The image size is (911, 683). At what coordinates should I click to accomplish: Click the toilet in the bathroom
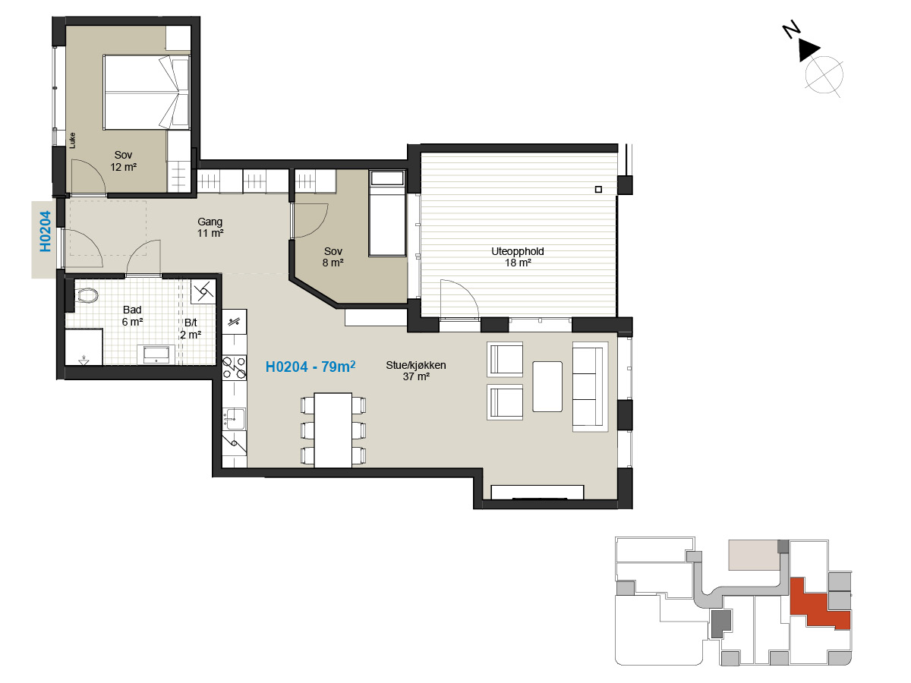click(87, 295)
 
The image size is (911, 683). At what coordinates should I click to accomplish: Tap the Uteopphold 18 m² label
click(518, 257)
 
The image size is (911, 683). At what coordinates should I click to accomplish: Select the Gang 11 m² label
click(210, 227)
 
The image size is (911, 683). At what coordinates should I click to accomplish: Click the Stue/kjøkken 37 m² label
click(416, 371)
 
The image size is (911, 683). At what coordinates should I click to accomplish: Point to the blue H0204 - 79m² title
click(310, 367)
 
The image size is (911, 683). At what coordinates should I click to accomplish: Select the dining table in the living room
click(333, 430)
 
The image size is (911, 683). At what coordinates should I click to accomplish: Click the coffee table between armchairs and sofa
click(547, 386)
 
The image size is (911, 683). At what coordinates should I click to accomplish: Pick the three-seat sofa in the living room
click(590, 386)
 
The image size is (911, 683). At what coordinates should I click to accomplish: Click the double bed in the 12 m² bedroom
click(147, 92)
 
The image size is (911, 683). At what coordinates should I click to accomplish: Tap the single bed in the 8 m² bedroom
click(387, 213)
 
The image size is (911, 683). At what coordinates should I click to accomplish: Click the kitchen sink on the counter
click(234, 418)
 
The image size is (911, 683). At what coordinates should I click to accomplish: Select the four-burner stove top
click(234, 368)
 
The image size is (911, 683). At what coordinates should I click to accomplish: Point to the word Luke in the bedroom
click(72, 140)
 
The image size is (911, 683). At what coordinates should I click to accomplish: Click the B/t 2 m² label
click(191, 329)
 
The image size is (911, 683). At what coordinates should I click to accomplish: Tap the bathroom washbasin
click(156, 354)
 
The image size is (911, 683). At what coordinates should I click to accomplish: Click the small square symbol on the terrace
click(598, 189)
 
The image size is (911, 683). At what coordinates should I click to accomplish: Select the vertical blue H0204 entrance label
click(46, 231)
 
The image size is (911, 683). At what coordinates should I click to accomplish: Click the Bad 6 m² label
click(132, 316)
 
